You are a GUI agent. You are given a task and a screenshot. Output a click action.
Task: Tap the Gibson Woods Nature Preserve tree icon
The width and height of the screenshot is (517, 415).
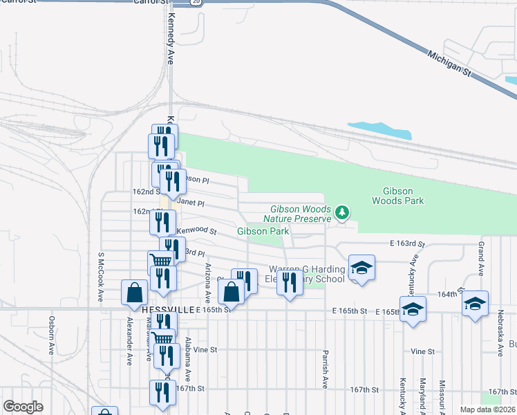(x=341, y=212)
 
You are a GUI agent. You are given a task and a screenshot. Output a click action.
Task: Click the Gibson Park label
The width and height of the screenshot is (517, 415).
(x=263, y=231)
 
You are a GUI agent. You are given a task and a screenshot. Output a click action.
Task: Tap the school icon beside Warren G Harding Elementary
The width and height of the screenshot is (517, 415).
(x=361, y=268)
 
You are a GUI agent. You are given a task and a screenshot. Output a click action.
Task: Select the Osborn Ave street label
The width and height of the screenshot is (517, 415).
(x=51, y=335)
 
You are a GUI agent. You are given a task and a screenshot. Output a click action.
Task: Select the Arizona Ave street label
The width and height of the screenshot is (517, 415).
(x=207, y=275)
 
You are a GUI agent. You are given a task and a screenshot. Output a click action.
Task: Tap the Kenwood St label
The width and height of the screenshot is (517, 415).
(x=196, y=230)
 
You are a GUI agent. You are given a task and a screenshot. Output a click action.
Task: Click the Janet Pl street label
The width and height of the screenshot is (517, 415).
(x=191, y=203)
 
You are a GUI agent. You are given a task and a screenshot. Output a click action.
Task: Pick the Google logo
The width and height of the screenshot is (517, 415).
(x=23, y=407)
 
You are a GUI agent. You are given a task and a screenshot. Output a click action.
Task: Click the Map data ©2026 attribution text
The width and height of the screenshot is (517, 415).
(x=487, y=409)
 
